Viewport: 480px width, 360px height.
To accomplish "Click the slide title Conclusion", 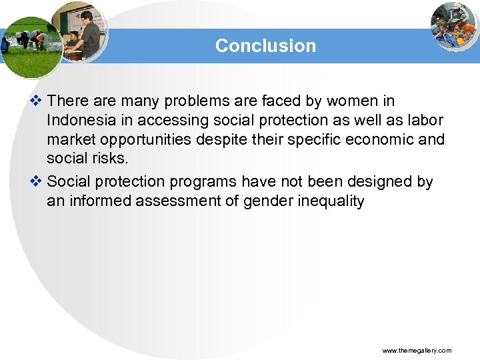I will coord(265,46).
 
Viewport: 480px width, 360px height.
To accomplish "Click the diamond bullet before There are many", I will coord(37,101).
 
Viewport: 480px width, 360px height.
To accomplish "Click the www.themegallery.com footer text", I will coord(417,350).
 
